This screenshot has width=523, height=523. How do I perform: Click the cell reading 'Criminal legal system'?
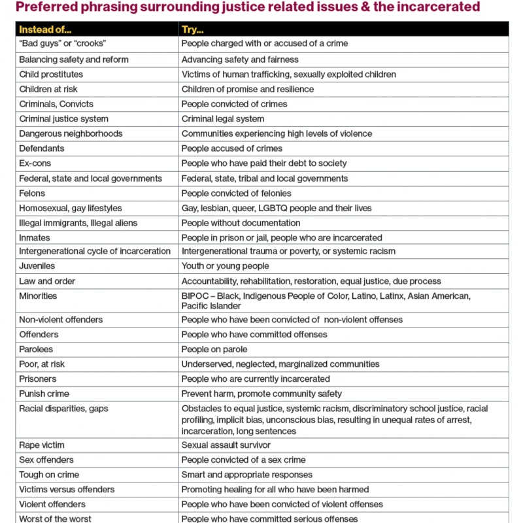[x=223, y=119]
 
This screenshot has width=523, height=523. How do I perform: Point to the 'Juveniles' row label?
[x=37, y=266]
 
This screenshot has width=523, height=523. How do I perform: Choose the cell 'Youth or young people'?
[x=225, y=266]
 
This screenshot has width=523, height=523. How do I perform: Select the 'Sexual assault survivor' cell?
[x=226, y=445]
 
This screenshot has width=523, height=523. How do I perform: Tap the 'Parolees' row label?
[x=37, y=349]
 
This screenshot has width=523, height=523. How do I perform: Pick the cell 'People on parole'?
[x=214, y=349]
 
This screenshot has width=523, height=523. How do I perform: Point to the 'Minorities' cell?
[x=38, y=296]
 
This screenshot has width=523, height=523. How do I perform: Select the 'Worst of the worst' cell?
[x=55, y=518]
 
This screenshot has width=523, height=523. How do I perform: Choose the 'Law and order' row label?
[x=47, y=281]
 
